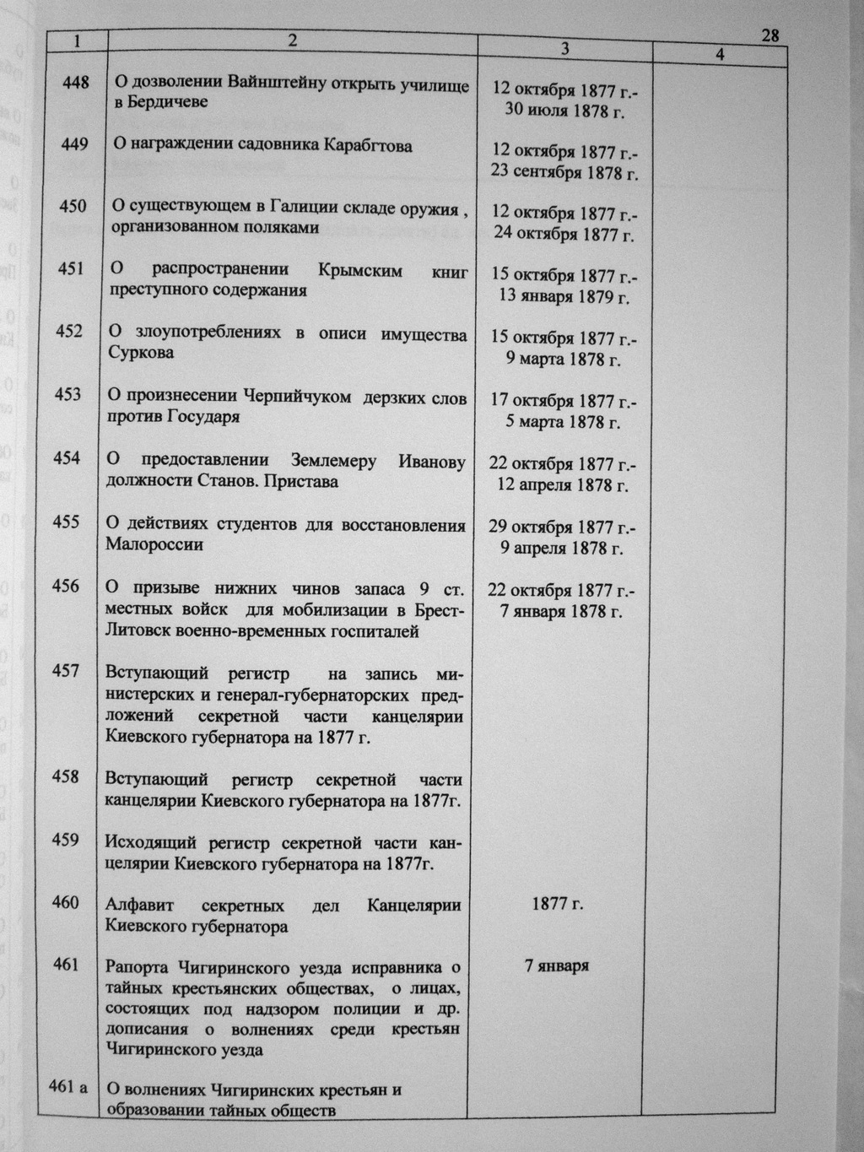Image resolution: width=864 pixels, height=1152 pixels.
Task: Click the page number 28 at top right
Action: click(x=769, y=35)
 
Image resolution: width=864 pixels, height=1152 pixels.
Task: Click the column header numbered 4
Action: click(x=720, y=55)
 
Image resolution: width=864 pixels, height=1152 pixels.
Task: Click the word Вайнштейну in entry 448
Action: click(x=279, y=82)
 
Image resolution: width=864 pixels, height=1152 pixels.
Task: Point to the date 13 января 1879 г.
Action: click(x=565, y=296)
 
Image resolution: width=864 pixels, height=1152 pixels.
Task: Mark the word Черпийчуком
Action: click(x=297, y=398)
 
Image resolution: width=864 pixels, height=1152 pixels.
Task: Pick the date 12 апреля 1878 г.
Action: click(x=563, y=485)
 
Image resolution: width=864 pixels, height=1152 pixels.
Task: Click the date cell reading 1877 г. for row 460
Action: click(x=558, y=904)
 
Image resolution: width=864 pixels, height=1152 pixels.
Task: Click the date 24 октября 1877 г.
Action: click(x=564, y=234)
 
